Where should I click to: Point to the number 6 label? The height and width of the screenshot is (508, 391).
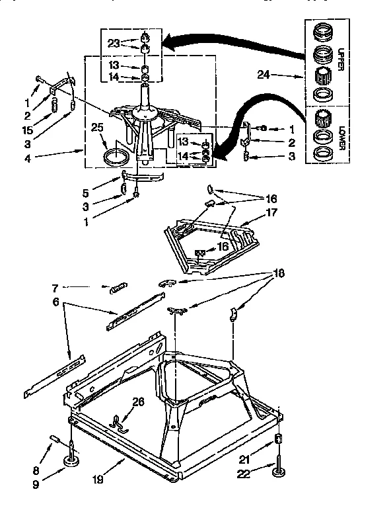(56, 303)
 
